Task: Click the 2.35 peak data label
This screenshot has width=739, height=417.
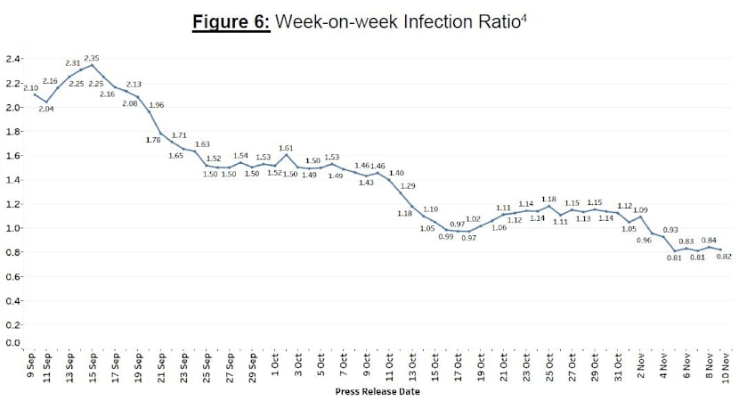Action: click(x=92, y=58)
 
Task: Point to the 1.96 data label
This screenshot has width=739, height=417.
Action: click(x=156, y=105)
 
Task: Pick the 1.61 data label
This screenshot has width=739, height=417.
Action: click(x=286, y=148)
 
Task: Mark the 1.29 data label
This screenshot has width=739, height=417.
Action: click(x=408, y=185)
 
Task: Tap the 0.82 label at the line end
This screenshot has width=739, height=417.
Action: click(x=724, y=257)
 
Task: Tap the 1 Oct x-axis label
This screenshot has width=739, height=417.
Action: click(x=275, y=366)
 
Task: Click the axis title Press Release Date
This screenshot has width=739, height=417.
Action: click(x=378, y=391)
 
